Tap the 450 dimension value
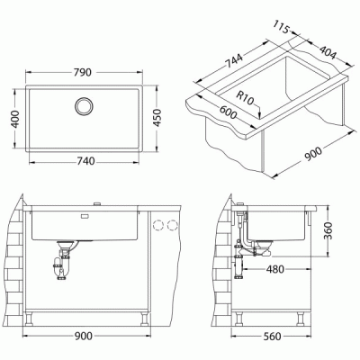point(158,119)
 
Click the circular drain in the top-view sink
point(83,104)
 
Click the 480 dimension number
point(276,268)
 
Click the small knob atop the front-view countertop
point(97,202)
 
